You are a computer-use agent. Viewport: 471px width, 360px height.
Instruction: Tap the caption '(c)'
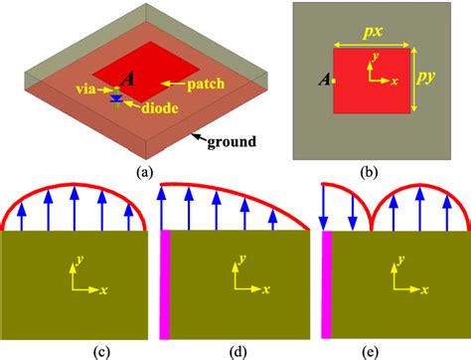[75, 348]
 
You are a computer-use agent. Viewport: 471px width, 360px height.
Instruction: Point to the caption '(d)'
[234, 348]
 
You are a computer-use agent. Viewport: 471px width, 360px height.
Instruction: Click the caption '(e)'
[392, 348]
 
